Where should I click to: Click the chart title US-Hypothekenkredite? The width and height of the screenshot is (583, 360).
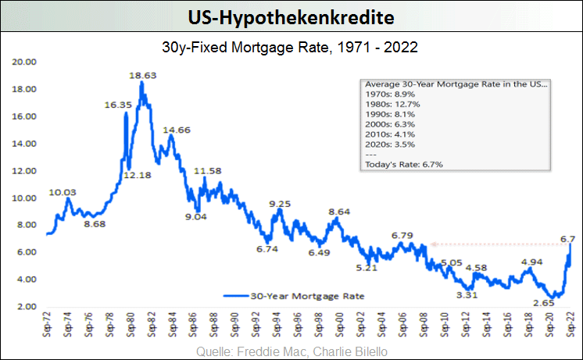[x=291, y=16]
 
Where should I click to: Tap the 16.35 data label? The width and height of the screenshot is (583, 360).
[x=118, y=105]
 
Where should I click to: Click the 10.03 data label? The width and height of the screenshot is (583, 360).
[x=63, y=192]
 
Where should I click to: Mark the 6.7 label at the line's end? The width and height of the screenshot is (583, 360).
[x=568, y=238]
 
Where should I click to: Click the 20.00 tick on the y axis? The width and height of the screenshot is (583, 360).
[x=27, y=62]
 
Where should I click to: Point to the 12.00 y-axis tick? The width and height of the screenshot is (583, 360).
[x=27, y=170]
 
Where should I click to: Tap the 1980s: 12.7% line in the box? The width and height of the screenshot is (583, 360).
[x=394, y=104]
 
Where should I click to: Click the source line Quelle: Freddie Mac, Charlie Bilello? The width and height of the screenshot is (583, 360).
[x=292, y=349]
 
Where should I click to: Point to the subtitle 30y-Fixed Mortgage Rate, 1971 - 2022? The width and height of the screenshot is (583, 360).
[x=291, y=47]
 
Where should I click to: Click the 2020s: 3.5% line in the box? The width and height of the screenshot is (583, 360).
[x=391, y=144]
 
